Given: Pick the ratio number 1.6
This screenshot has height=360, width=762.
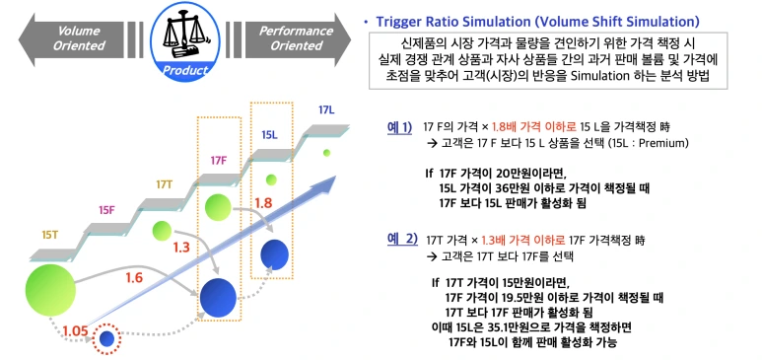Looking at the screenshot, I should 134,278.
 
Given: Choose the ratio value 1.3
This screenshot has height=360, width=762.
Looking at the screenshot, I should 180,248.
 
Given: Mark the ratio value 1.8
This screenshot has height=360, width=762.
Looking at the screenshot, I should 263,203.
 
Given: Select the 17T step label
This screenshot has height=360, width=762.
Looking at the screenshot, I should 164,183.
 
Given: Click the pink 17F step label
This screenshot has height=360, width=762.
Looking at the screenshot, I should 219,159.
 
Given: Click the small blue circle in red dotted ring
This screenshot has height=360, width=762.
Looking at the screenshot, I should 107,338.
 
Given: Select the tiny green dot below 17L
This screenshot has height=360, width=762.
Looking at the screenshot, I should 327,153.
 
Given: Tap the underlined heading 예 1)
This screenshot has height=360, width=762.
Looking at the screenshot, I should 399,127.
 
